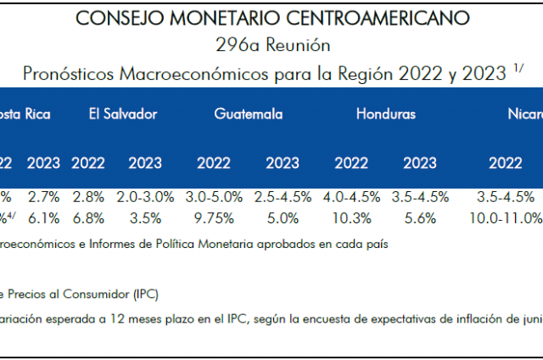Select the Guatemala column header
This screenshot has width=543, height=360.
click(249, 114)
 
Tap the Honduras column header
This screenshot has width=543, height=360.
click(385, 114)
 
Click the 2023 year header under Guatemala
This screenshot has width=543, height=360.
click(283, 163)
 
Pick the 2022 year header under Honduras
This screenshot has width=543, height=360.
click(351, 163)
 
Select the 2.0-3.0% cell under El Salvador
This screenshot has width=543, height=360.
click(145, 198)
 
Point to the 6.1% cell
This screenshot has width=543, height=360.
click(43, 218)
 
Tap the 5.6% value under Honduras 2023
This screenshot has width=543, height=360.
click(419, 218)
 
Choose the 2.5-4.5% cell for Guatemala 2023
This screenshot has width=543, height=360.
click(283, 198)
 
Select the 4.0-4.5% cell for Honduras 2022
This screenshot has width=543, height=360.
click(351, 198)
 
